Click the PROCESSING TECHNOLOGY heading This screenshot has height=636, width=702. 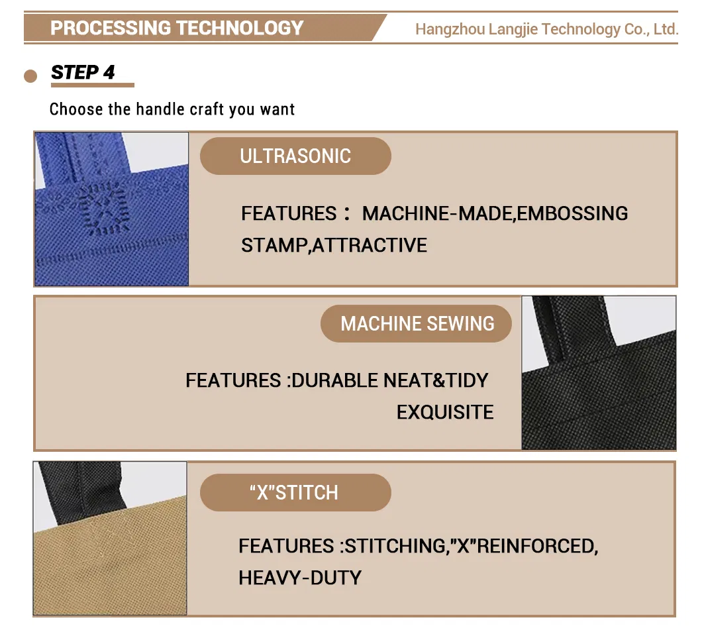[177, 28]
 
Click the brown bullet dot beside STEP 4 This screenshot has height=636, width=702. [30, 76]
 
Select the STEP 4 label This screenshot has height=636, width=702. [83, 72]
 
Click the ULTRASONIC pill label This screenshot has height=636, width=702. [295, 156]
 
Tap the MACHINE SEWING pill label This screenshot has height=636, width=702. [417, 323]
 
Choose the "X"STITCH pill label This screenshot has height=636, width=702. [295, 493]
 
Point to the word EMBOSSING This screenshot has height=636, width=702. [572, 213]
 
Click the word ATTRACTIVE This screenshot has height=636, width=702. [370, 245]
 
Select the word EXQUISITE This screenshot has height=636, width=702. [445, 412]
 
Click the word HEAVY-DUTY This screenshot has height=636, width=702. [300, 578]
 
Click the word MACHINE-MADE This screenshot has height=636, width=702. [437, 213]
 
